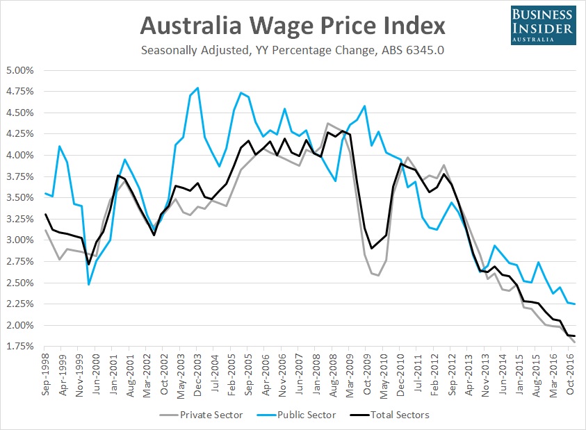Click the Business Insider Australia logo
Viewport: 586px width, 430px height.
click(542, 25)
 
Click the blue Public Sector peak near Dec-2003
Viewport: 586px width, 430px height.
click(198, 88)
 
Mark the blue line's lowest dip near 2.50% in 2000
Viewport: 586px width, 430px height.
click(89, 284)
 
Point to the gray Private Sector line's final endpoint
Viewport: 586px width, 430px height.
click(574, 342)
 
